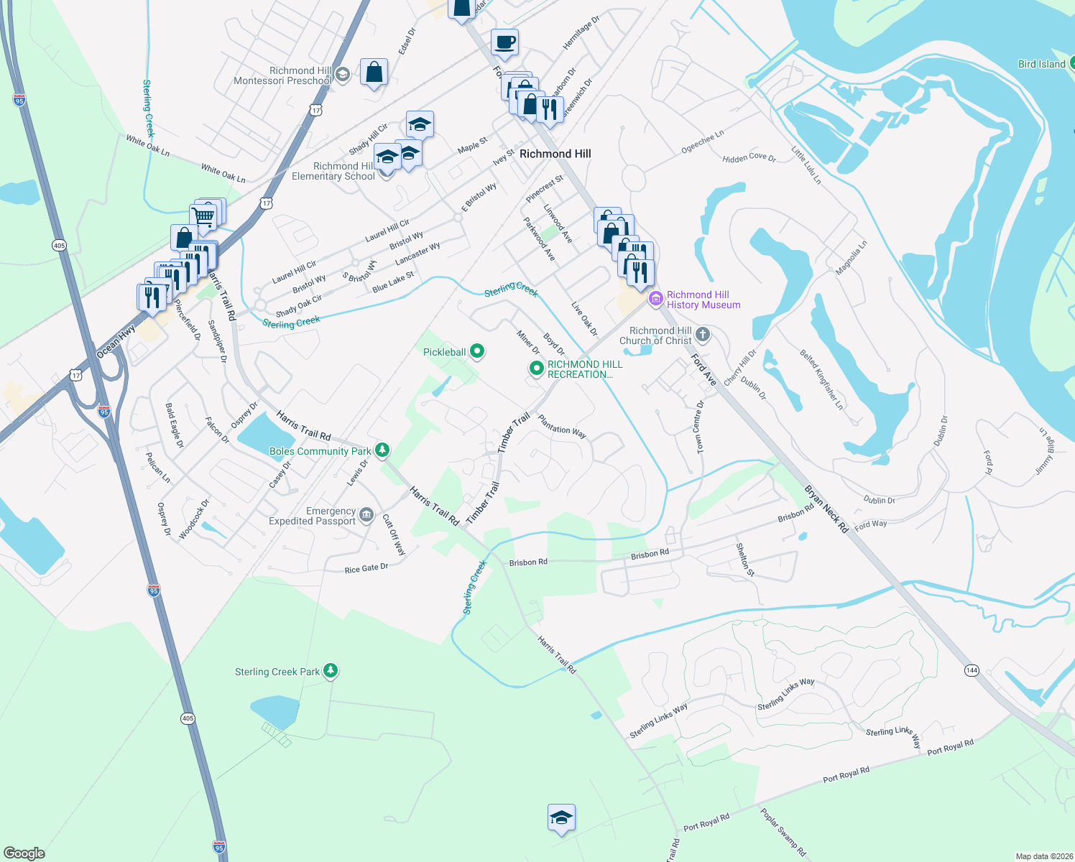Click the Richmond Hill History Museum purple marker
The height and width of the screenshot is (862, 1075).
pos(655,299)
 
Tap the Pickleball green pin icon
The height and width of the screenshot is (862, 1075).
pos(476,352)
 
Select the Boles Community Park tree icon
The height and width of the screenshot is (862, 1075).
pos(382,450)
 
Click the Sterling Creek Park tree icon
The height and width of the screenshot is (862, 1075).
pos(330,671)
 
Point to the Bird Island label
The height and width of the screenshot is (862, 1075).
pos(1041,64)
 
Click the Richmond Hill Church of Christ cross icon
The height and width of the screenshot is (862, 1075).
pos(703,334)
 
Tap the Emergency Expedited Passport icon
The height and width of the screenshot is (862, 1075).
pos(366,514)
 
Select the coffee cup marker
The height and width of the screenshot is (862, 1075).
pos(504,42)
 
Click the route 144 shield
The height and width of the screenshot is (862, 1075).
pos(972,670)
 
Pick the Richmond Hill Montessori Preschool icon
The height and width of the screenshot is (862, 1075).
pos(343,74)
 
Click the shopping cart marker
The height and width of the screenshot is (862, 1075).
pos(203,215)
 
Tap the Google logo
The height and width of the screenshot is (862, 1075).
pos(24,853)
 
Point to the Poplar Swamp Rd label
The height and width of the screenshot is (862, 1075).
pos(783,833)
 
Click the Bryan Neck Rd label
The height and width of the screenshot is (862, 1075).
pos(826,509)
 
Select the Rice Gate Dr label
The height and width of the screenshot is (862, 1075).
pos(366,568)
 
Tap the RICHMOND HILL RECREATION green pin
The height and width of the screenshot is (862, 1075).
pos(536,369)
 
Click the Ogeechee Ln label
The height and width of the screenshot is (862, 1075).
pos(702,142)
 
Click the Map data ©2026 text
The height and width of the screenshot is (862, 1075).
pos(1041,856)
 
